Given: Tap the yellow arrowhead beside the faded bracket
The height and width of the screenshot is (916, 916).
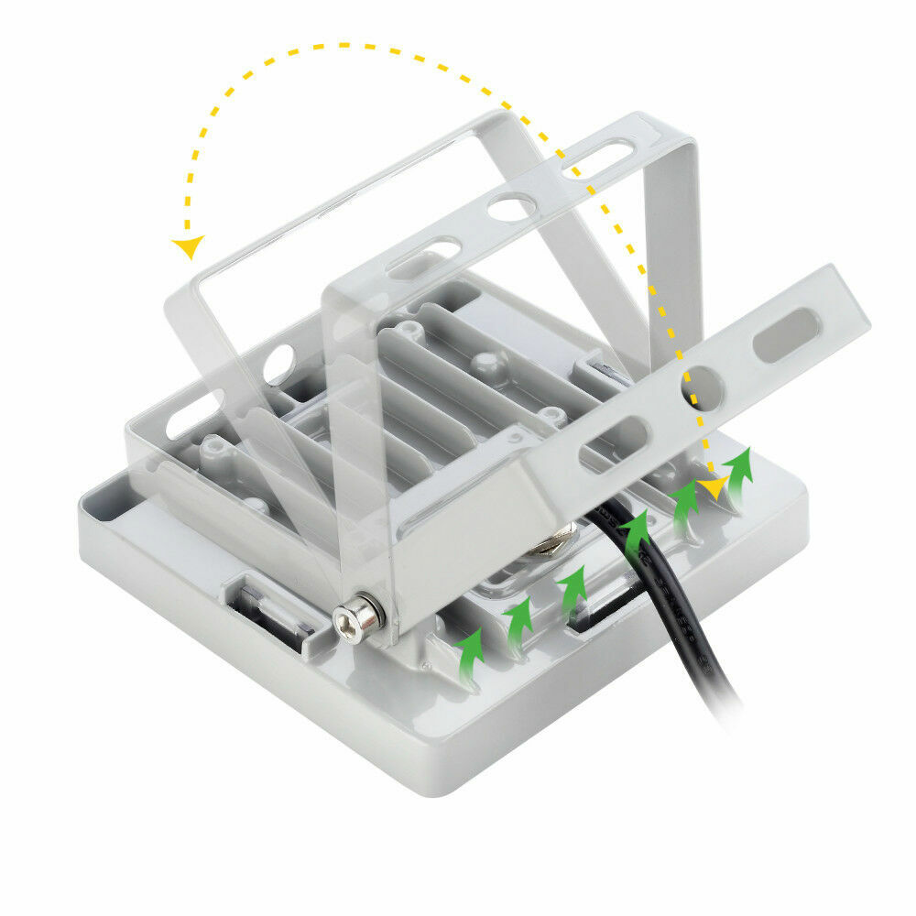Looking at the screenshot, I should [189, 245].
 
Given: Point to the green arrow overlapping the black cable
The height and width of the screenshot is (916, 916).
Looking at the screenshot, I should [636, 531].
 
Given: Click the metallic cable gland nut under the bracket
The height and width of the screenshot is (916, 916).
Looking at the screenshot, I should [552, 547].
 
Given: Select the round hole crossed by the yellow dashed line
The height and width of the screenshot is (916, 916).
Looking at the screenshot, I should [702, 388].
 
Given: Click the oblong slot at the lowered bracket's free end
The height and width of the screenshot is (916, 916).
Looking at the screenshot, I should [785, 334].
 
